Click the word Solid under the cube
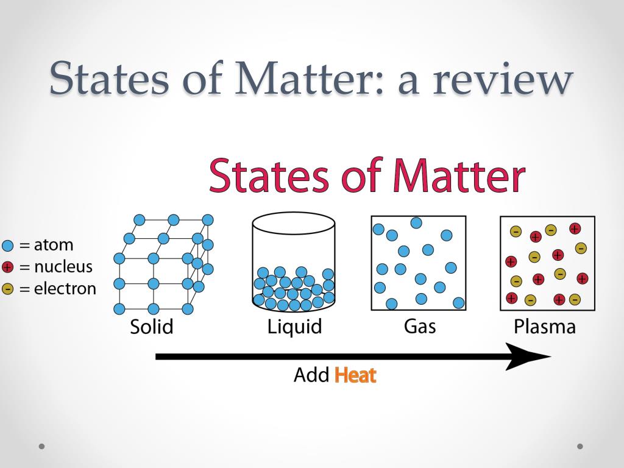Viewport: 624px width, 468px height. tap(152, 327)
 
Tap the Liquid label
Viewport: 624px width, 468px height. tap(294, 327)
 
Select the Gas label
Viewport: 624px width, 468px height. tap(420, 326)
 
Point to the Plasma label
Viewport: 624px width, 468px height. tap(544, 327)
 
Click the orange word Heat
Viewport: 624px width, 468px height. tap(355, 375)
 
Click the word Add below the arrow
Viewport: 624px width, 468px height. tap(311, 375)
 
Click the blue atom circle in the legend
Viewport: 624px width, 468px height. tap(8, 246)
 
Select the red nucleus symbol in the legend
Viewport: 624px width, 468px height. tap(8, 268)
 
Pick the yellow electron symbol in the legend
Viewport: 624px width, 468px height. tap(8, 289)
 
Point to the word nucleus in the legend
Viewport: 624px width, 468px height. tap(63, 267)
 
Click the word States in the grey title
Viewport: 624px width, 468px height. tap(109, 77)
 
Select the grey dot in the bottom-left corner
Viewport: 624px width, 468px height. tap(41, 446)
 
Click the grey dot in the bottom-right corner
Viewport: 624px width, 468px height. tap(580, 446)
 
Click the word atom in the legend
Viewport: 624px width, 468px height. tap(54, 246)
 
